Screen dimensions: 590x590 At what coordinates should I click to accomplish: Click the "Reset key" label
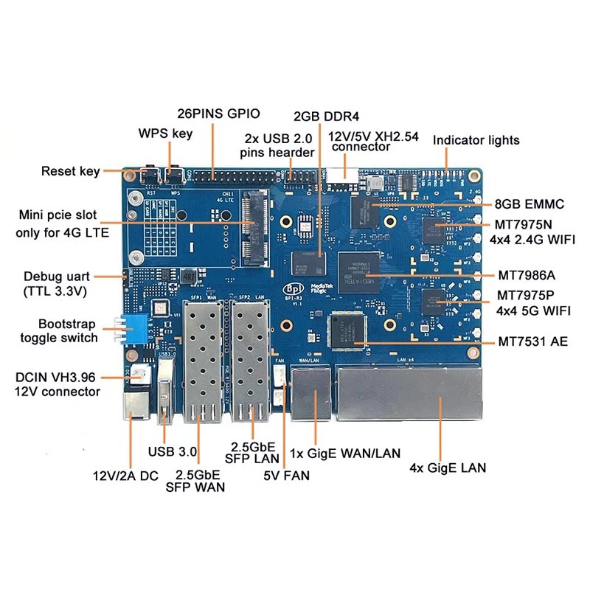tap(70, 172)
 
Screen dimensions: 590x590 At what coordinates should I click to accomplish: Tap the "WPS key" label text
tap(165, 133)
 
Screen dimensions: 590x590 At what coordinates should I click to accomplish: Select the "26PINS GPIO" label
tap(218, 114)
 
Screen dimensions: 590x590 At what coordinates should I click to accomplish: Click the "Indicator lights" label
tap(476, 140)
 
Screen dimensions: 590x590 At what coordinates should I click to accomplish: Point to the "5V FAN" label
tap(287, 476)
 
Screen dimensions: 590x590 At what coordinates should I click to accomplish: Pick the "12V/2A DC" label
tap(125, 476)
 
